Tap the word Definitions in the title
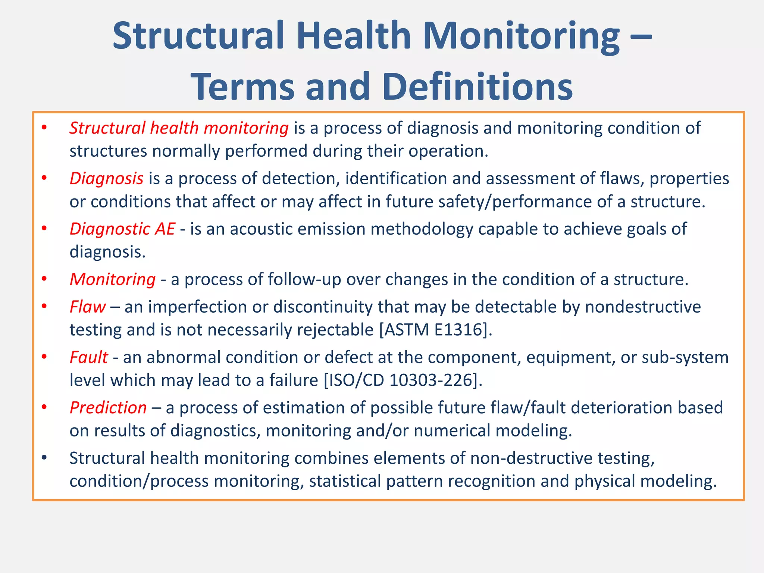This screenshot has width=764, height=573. coord(477,87)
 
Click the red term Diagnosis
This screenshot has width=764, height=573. coord(107,178)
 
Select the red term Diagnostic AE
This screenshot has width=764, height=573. coord(122,229)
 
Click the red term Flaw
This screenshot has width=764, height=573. coord(88,307)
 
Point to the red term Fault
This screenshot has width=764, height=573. coord(89,357)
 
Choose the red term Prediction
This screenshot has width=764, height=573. coord(108,407)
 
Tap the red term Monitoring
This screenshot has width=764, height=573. coord(113,279)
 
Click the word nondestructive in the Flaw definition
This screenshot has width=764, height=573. coord(643,307)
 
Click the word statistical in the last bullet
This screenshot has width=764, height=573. coord(345,481)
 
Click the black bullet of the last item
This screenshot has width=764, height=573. coord(44,457)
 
